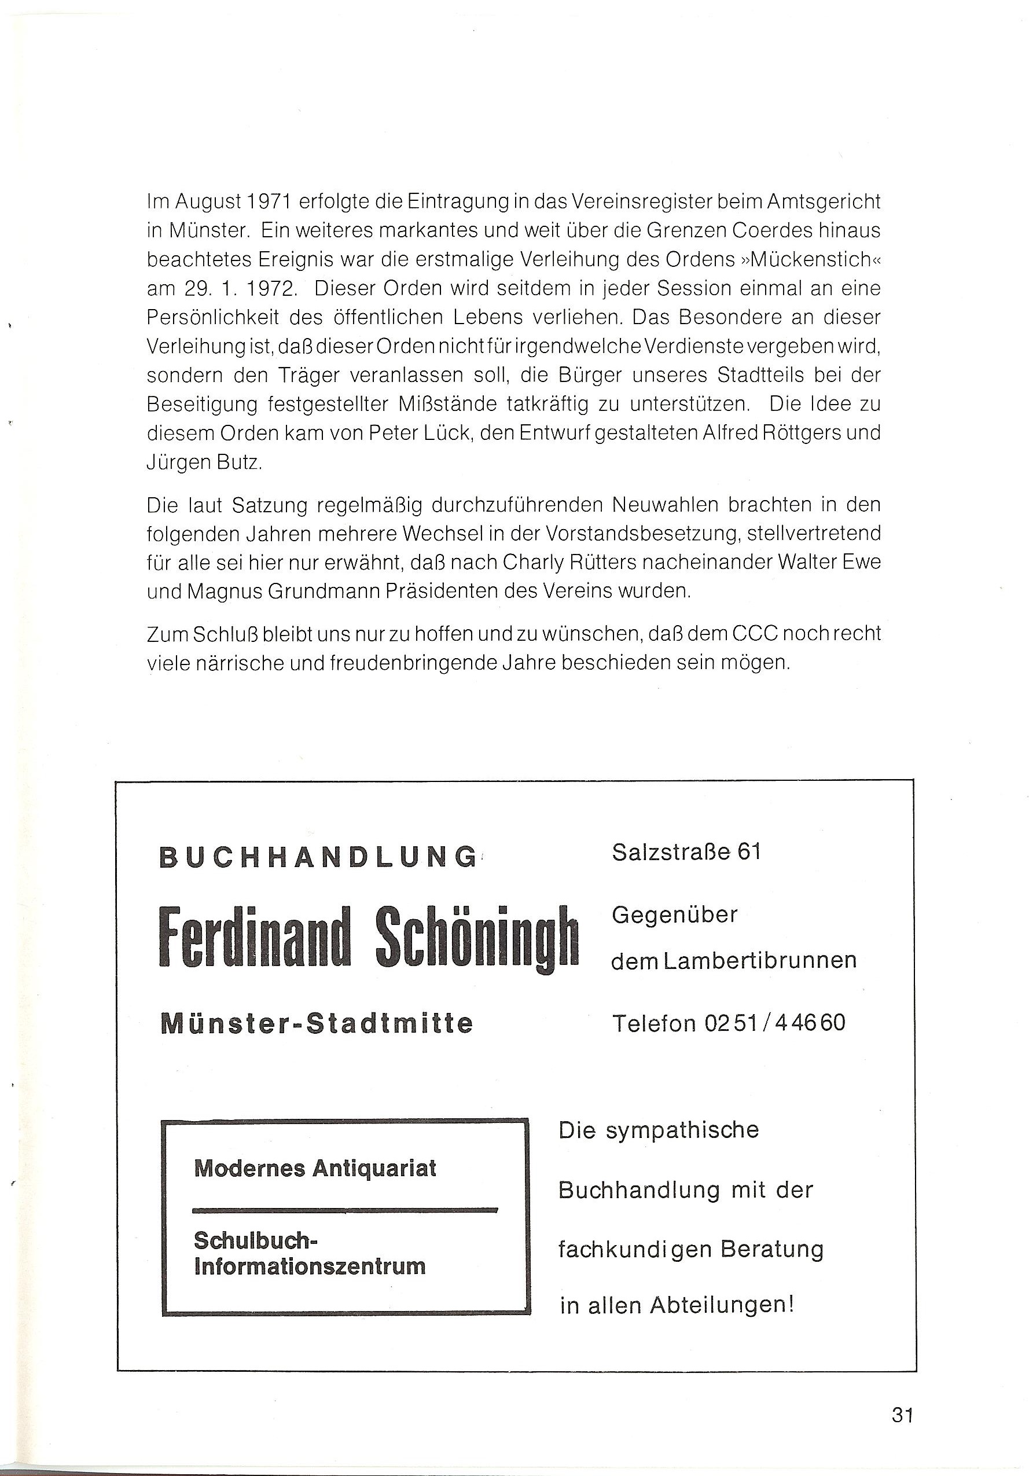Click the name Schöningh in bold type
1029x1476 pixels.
coord(477,938)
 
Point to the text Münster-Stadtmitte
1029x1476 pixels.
coord(316,1023)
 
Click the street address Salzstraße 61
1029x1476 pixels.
coord(686,853)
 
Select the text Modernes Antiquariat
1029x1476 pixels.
coord(315,1168)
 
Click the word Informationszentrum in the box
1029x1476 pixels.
coord(310,1266)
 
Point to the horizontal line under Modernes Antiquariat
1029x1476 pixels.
coord(345,1210)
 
